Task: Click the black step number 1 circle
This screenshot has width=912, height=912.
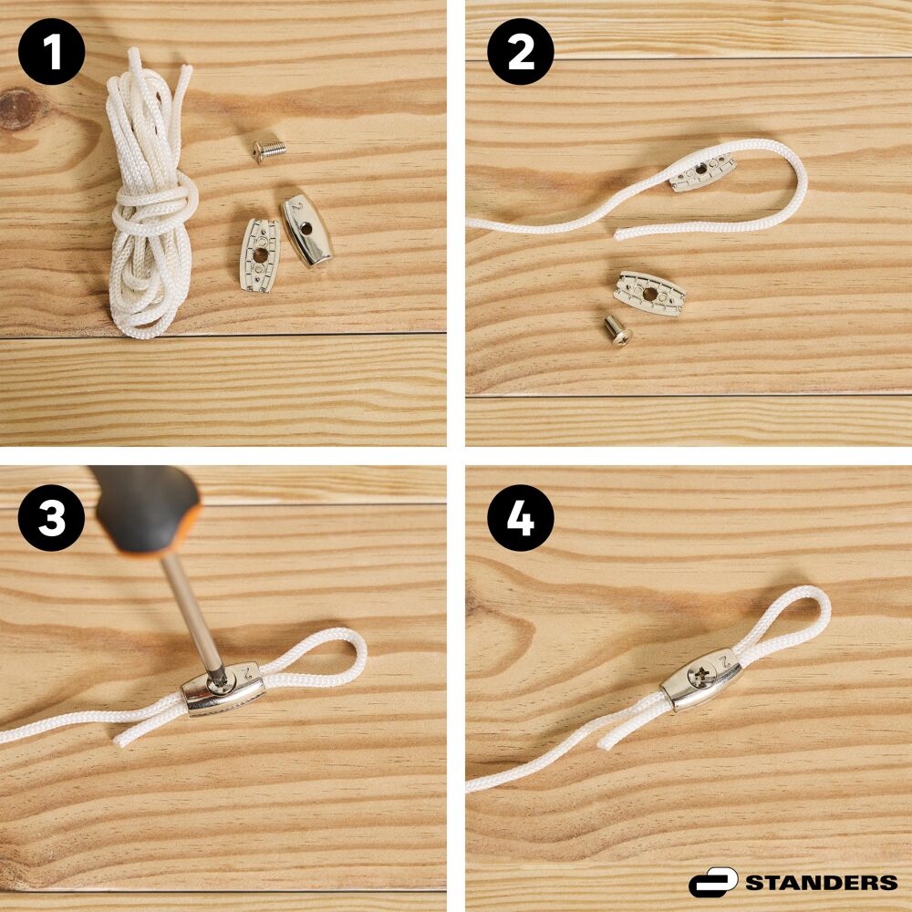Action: click(x=52, y=52)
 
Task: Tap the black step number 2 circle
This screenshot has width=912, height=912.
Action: click(x=521, y=52)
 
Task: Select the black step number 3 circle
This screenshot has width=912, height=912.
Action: click(x=52, y=518)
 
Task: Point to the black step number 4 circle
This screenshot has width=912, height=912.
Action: click(x=521, y=518)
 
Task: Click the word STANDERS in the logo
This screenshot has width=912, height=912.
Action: click(x=822, y=882)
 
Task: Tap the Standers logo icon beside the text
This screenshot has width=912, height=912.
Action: click(x=713, y=882)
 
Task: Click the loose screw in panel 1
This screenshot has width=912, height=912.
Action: click(x=269, y=150)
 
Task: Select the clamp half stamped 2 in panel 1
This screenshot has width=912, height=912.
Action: click(x=306, y=230)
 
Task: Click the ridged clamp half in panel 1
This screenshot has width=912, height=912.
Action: click(x=259, y=254)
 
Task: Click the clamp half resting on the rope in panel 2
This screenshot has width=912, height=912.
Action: click(x=700, y=171)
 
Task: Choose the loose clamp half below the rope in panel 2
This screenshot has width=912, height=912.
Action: click(x=649, y=293)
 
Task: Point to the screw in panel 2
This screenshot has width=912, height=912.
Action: click(x=617, y=330)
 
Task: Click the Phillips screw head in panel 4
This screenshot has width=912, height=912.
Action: click(x=700, y=675)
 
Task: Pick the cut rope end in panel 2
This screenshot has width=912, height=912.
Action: click(x=620, y=233)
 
